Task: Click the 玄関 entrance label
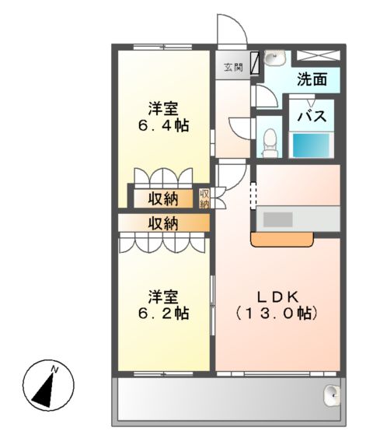232,68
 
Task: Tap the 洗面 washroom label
310,79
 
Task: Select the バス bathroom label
312,117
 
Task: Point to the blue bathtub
312,145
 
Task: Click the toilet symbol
270,140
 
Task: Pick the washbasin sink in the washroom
273,59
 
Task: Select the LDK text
277,296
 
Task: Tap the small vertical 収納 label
204,198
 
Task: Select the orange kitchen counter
283,240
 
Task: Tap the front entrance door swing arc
232,31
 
